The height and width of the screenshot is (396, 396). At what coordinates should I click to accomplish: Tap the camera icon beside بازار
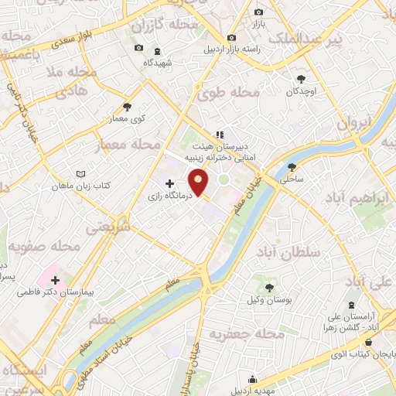[259, 12]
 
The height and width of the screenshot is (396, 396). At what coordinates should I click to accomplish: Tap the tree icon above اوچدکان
[302, 78]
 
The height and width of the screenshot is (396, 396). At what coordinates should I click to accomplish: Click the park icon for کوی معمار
[128, 107]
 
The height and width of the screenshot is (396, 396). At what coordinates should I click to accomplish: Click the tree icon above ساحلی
[292, 166]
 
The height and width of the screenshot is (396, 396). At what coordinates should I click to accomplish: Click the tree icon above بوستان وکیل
[267, 288]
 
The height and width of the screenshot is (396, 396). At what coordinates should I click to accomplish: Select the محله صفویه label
[43, 247]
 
